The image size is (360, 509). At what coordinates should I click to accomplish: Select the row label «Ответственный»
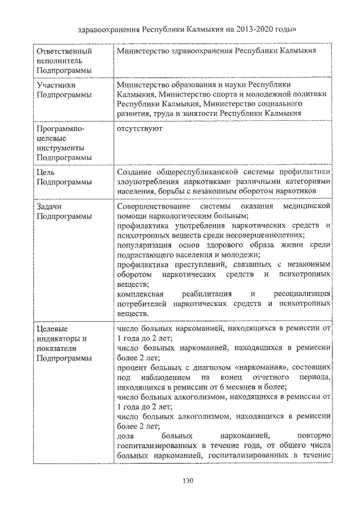(x=64, y=51)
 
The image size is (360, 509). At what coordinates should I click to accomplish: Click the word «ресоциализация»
(x=301, y=294)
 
